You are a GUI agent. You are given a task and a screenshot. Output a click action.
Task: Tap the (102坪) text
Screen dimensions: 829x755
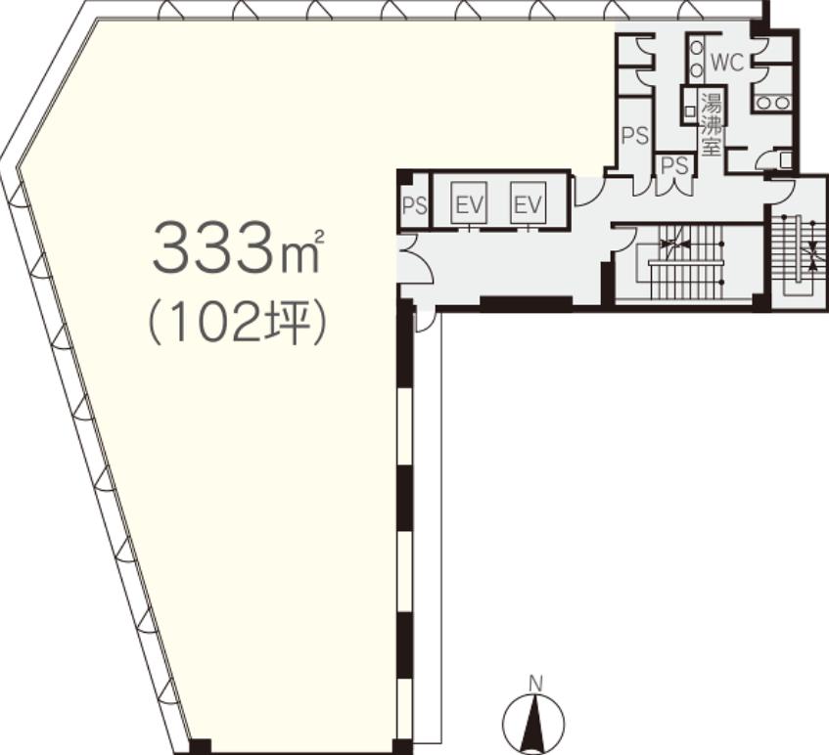[236, 324]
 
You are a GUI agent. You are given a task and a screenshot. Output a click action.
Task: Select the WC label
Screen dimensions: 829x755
[727, 63]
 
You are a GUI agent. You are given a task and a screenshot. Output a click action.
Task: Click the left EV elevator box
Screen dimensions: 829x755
[469, 202]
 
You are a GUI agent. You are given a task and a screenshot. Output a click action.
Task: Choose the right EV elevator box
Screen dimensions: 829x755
[529, 202]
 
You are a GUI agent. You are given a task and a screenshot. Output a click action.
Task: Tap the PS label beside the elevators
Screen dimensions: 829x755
[415, 205]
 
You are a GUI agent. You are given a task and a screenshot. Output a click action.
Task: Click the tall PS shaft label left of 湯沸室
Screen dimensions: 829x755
[635, 136]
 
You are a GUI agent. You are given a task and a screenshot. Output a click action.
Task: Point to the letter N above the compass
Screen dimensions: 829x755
[535, 684]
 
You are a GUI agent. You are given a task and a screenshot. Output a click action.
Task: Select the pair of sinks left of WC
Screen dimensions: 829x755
[697, 58]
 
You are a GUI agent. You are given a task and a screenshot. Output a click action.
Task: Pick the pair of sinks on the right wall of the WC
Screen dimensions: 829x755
[772, 103]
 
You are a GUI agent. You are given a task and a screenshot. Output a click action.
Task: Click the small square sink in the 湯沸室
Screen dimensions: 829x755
[689, 111]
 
